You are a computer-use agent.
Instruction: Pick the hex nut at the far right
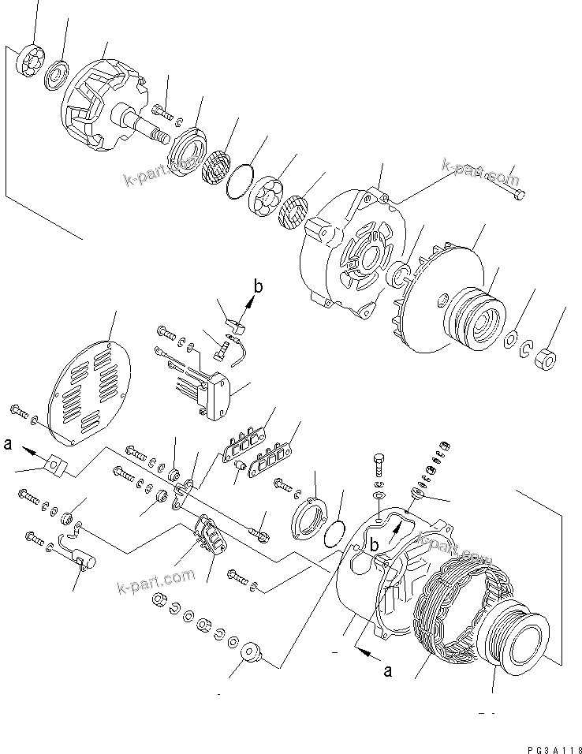click(x=543, y=360)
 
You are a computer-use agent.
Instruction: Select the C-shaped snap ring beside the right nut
click(x=526, y=349)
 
